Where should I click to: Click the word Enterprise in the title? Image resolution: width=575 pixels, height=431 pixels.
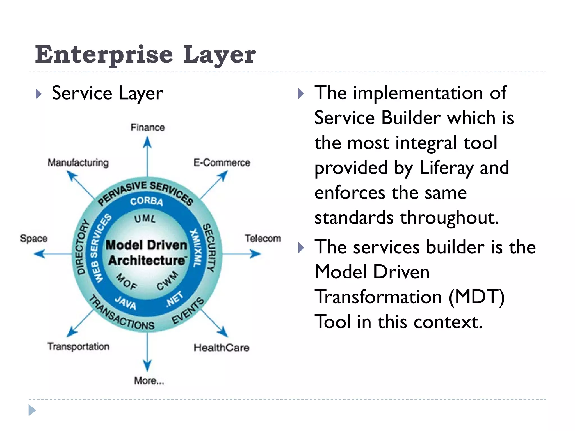click(104, 54)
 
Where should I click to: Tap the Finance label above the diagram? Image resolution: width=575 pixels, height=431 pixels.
click(148, 127)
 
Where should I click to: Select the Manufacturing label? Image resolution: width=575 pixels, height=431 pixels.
click(78, 162)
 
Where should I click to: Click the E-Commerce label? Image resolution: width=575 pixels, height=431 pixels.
click(222, 162)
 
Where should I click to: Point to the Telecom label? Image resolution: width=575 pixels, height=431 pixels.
click(263, 238)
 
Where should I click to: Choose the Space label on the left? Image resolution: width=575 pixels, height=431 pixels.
click(34, 238)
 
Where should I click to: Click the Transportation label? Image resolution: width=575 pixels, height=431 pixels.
click(78, 346)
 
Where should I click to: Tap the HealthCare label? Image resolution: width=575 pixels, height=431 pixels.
click(221, 348)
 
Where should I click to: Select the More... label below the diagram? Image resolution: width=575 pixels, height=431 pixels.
click(149, 380)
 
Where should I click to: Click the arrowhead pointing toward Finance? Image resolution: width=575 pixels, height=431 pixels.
click(147, 142)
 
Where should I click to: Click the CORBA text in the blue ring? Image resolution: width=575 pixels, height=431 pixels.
click(146, 201)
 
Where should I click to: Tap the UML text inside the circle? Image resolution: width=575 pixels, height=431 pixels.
click(145, 219)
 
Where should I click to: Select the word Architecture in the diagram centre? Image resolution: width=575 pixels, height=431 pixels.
click(147, 260)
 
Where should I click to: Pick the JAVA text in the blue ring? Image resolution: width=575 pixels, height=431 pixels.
click(125, 302)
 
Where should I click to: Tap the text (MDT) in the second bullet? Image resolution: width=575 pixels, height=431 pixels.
click(477, 297)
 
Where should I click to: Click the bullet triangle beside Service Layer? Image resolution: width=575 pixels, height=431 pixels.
click(39, 94)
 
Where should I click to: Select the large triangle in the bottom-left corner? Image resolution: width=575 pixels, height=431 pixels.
click(32, 410)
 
